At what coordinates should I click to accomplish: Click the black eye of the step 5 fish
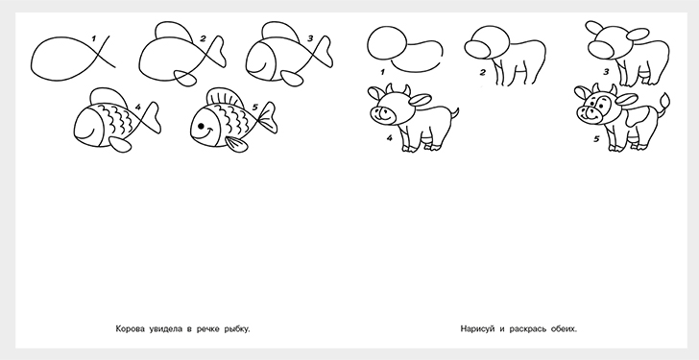(x=201, y=127)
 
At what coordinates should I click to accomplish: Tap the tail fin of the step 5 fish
(x=269, y=117)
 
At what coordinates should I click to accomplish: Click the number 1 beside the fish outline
(x=94, y=38)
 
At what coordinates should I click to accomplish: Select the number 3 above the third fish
(x=310, y=38)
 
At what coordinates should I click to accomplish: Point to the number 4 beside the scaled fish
(x=137, y=107)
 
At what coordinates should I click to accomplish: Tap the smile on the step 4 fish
(x=86, y=133)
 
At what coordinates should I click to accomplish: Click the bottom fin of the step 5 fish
(x=236, y=144)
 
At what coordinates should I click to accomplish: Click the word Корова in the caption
(x=131, y=329)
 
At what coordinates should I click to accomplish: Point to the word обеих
(x=564, y=329)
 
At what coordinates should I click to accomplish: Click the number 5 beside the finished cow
(x=596, y=139)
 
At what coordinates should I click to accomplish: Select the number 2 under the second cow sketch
(x=482, y=72)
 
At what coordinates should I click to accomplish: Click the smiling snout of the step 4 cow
(x=383, y=114)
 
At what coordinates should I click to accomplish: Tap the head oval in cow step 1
(x=387, y=43)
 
